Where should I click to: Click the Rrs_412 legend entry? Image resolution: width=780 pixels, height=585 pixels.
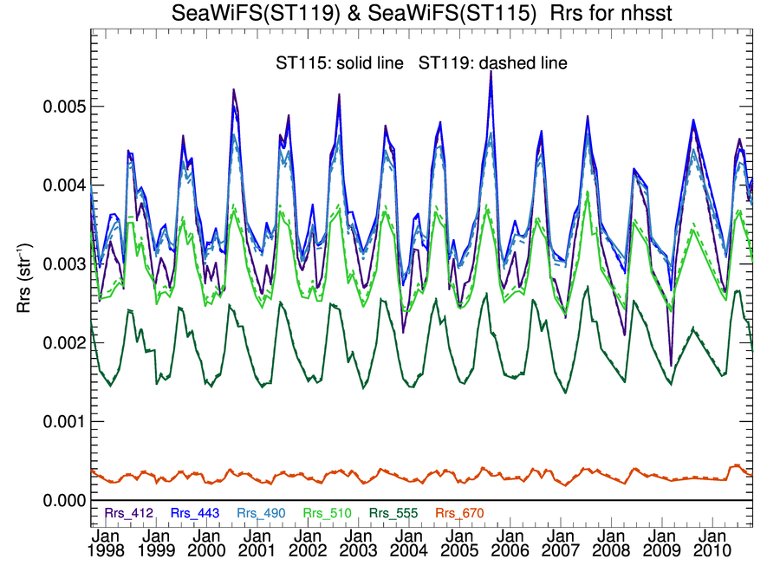pyautogui.click(x=128, y=513)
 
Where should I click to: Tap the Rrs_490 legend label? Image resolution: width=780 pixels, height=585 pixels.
pyautogui.click(x=261, y=513)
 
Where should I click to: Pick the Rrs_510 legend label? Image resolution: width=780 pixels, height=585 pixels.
pyautogui.click(x=328, y=513)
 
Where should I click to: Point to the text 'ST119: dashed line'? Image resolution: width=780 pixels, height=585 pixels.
pyautogui.click(x=492, y=63)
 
